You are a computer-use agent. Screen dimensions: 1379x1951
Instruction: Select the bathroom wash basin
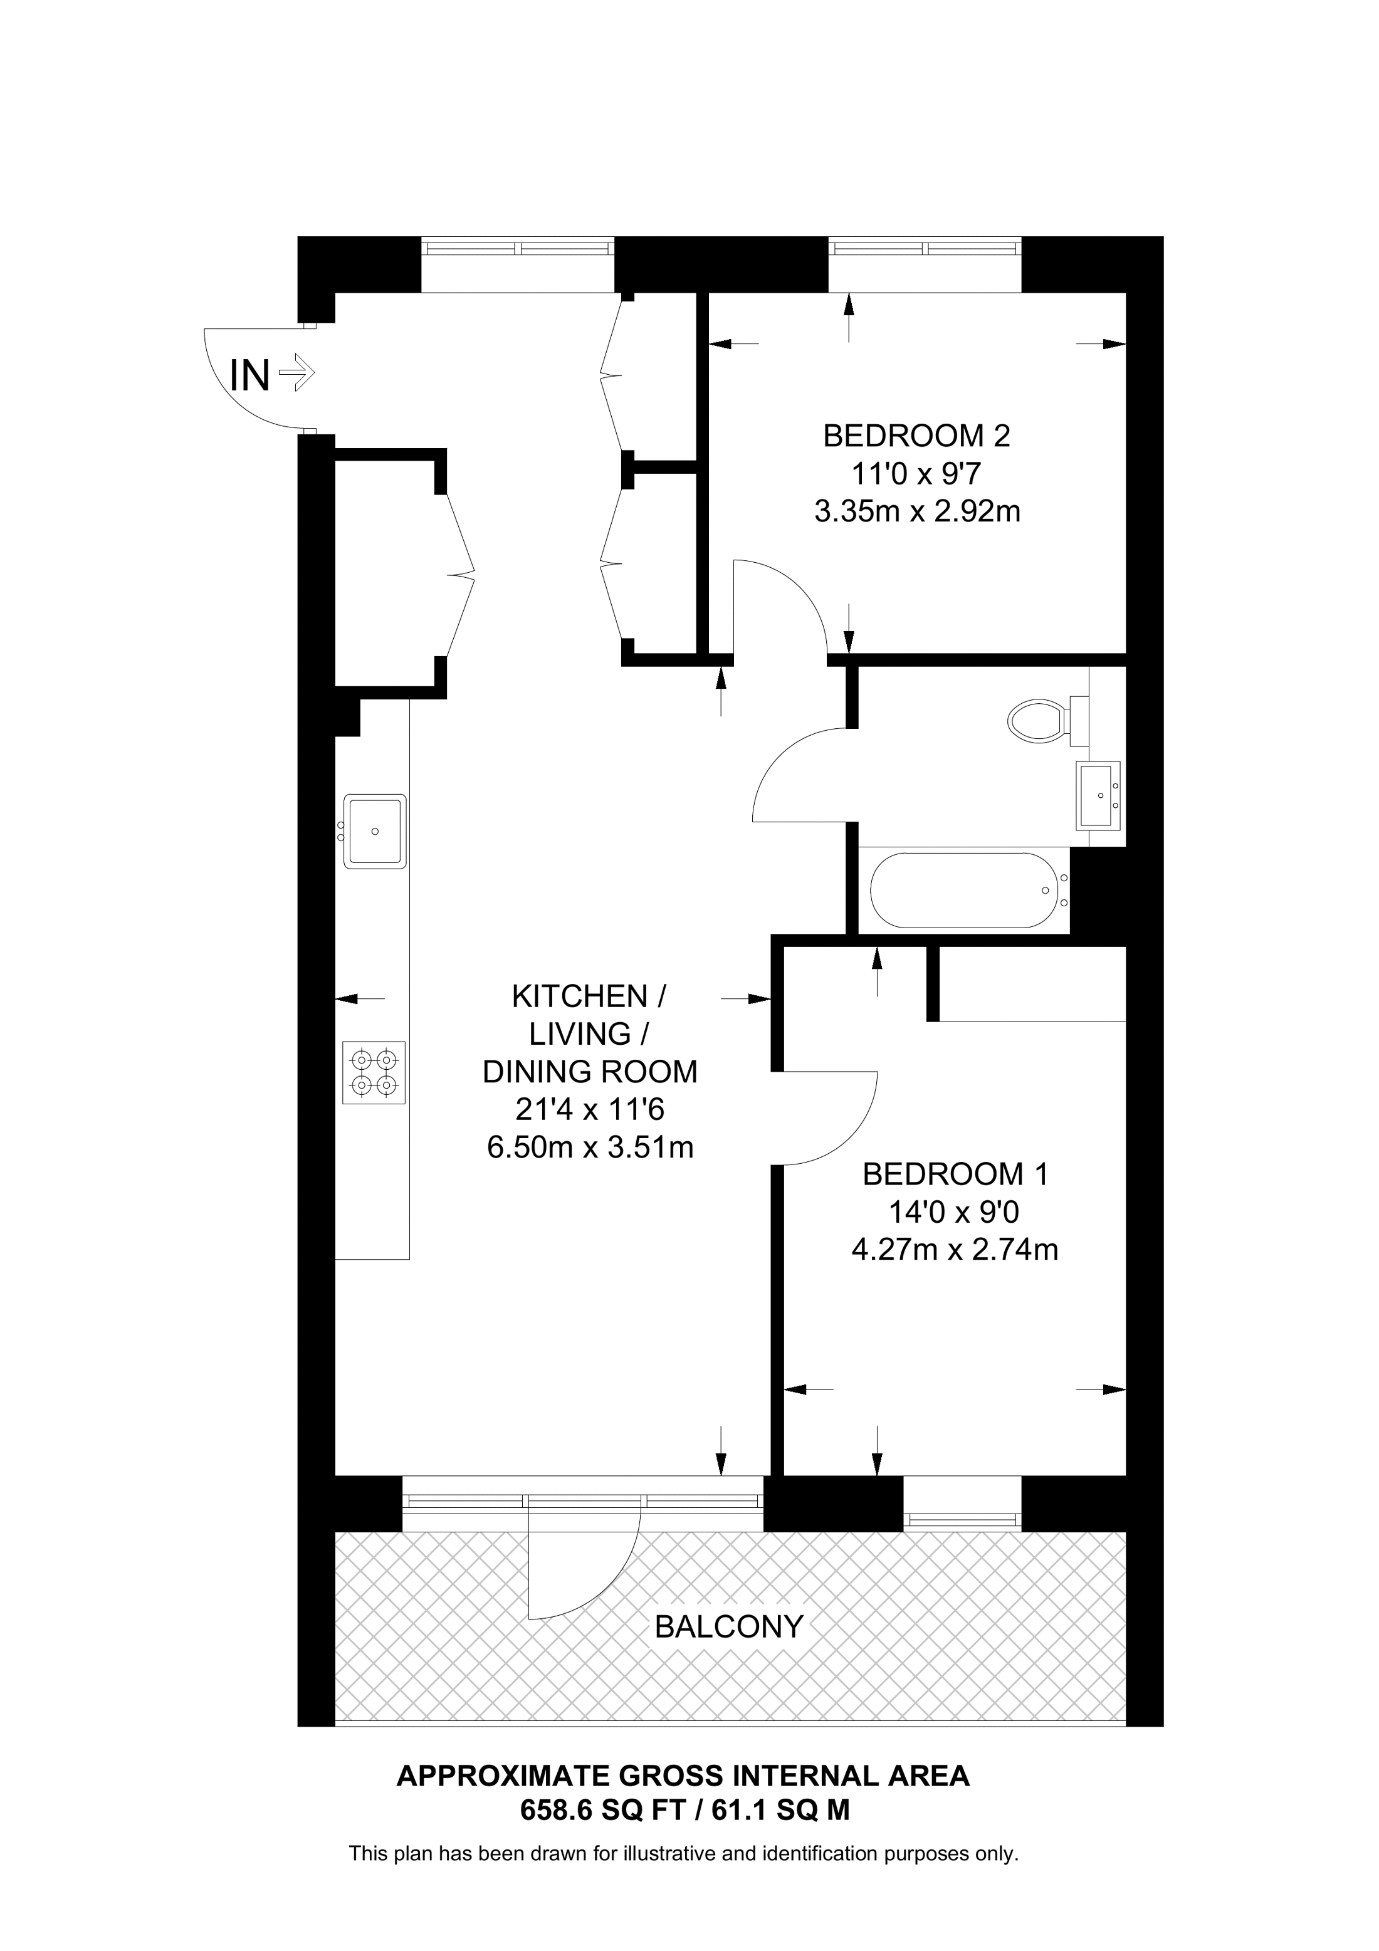coord(1099,795)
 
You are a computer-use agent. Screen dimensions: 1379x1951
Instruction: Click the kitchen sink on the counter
coord(375,830)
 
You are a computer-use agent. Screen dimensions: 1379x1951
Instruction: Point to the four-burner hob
coord(374,1072)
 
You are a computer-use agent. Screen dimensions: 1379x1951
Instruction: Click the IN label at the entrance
coord(250,375)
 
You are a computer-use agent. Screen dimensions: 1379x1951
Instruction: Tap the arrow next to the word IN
coord(296,372)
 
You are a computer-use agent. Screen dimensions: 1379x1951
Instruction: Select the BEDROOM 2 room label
coord(917,436)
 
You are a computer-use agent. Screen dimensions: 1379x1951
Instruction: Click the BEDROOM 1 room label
coord(955,1174)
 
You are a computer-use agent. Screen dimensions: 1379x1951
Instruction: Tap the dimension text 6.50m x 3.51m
coord(590,1148)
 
